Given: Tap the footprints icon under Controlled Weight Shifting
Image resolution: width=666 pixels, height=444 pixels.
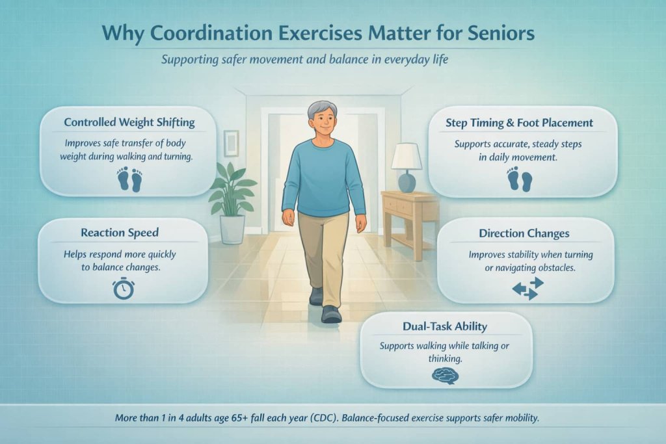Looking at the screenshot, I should [x=129, y=179].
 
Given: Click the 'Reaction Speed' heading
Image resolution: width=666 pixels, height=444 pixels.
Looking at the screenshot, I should [x=123, y=232].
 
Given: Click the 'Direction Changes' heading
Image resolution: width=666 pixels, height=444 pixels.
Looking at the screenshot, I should [x=524, y=233].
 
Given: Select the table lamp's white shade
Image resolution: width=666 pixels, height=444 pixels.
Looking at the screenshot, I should [x=406, y=157].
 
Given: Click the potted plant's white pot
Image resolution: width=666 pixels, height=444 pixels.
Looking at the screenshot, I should [x=232, y=229].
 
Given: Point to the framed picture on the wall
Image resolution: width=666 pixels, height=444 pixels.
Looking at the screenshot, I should [x=231, y=143].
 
